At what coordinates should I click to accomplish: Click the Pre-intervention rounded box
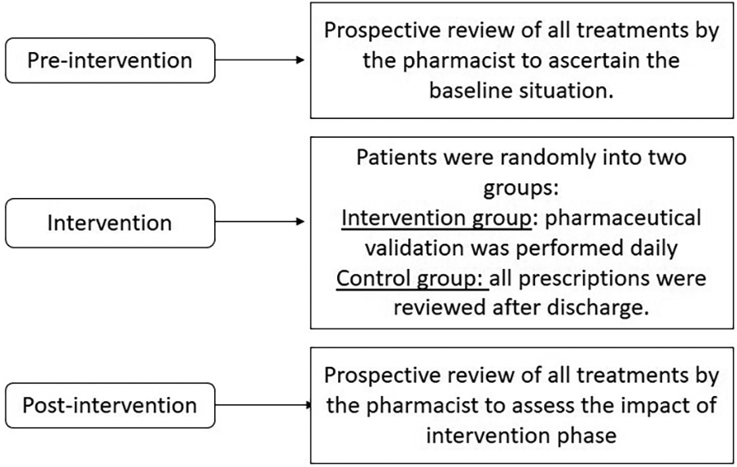coord(111,60)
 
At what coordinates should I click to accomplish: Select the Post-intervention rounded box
coord(111,404)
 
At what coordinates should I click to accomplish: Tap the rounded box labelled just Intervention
coord(111,222)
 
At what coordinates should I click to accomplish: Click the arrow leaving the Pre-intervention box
coord(261,60)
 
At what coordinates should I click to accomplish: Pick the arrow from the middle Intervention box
coord(261,222)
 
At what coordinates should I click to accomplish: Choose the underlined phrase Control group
coord(412,278)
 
